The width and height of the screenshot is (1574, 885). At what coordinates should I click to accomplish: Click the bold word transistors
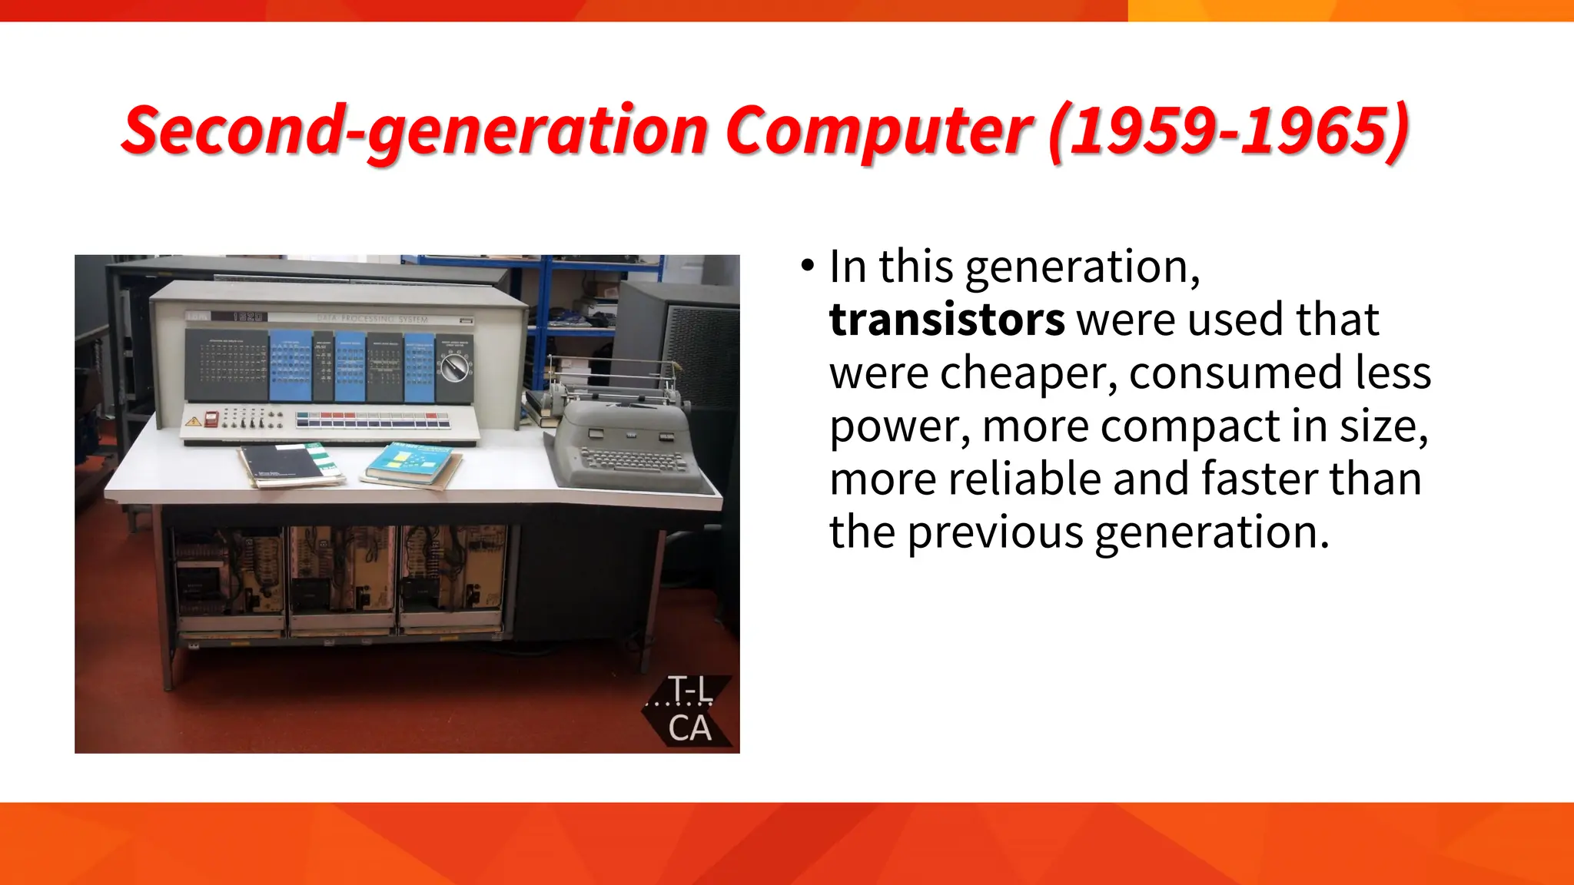click(946, 320)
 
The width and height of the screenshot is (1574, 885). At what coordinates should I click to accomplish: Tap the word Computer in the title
click(878, 131)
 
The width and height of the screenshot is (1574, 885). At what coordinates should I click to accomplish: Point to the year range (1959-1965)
click(1228, 131)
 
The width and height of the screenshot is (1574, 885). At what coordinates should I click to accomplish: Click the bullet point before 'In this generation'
click(806, 267)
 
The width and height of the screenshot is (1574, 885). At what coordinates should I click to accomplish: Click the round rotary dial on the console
click(454, 368)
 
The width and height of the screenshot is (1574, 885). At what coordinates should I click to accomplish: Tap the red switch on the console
click(211, 419)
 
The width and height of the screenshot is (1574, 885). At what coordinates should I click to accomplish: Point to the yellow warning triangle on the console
click(193, 421)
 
